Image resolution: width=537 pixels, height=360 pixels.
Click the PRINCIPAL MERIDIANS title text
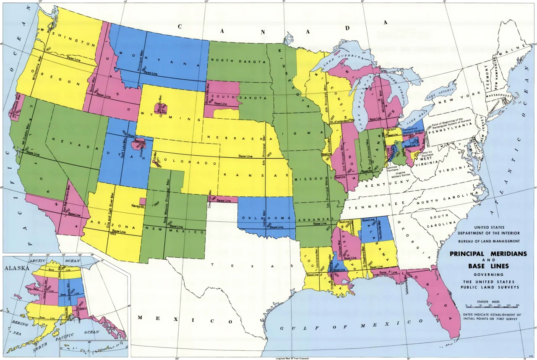pos(488,254)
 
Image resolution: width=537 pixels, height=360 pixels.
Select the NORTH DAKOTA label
pos(233,60)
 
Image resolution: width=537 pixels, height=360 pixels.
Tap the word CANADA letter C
pos(180,27)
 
